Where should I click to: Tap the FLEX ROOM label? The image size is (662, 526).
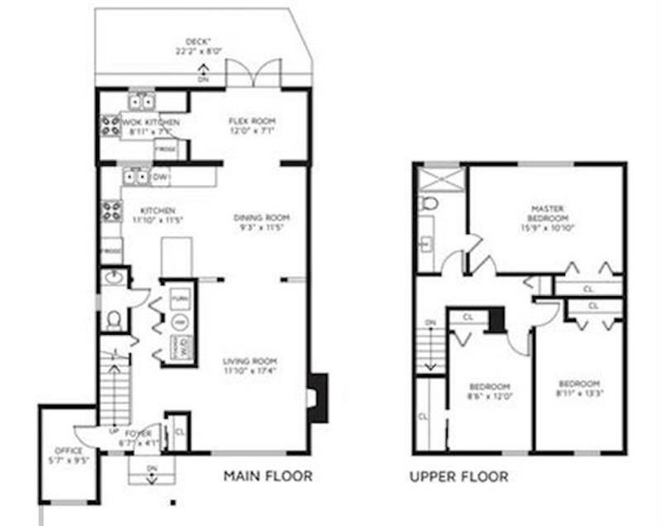(252, 121)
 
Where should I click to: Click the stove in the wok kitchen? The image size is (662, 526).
(111, 126)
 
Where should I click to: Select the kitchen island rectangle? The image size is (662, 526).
(176, 256)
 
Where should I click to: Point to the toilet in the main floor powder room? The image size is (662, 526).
(114, 318)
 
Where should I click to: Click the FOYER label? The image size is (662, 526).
(137, 433)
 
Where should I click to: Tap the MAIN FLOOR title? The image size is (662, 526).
(268, 476)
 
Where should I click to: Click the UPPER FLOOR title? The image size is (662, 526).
(458, 477)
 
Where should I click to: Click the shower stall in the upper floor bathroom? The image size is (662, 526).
(440, 179)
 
